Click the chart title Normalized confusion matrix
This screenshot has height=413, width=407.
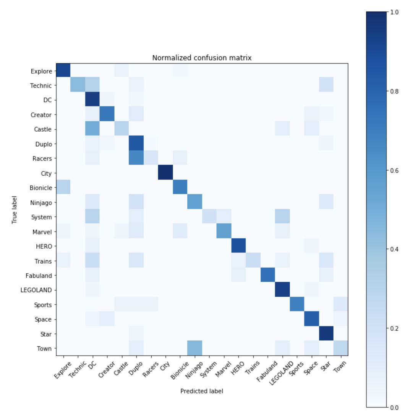coord(202,58)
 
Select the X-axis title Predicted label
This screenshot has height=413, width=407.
coord(202,391)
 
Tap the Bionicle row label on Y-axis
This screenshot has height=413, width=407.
coord(42,188)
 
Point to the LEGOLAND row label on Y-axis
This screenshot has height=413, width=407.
coord(36,290)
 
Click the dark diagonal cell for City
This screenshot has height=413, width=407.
coord(165,173)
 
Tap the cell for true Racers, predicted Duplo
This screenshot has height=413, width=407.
coord(136,158)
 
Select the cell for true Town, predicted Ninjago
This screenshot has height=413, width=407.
coord(195,348)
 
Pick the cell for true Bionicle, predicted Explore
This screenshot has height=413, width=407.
coord(63,188)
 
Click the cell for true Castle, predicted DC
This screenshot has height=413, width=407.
coord(92,129)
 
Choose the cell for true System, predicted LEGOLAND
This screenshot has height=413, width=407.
coord(282,217)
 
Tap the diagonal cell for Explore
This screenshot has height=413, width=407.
coord(63,71)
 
